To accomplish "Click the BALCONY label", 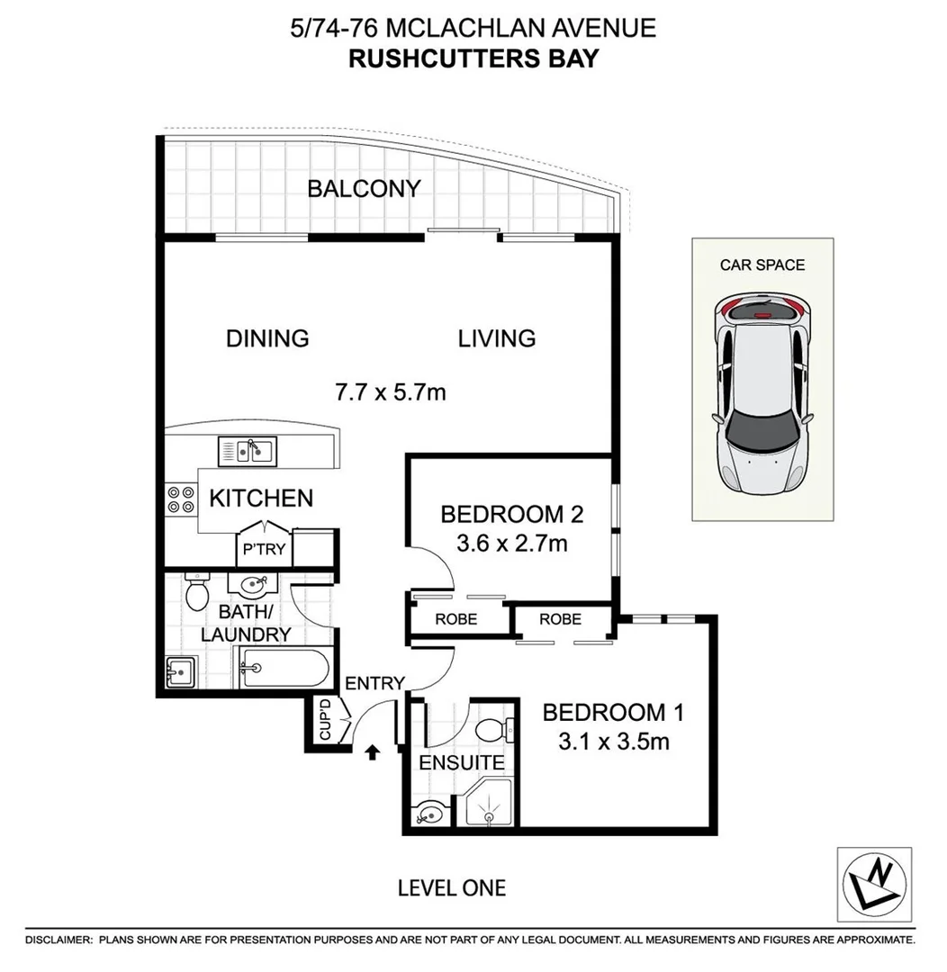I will click(x=364, y=189).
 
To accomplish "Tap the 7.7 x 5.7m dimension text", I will click(x=390, y=392).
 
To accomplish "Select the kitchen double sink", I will click(x=246, y=448).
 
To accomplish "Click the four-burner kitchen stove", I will click(x=180, y=499).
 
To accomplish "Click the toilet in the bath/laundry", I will click(x=196, y=591).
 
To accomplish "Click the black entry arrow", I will click(x=372, y=751).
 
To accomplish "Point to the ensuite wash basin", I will click(x=429, y=814).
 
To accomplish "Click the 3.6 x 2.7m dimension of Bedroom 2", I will click(x=511, y=544).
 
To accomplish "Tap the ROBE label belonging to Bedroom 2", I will click(x=455, y=619).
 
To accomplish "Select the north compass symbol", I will click(x=874, y=884).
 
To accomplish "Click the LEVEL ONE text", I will click(x=452, y=888).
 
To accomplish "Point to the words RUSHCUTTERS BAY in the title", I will click(x=473, y=58).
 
